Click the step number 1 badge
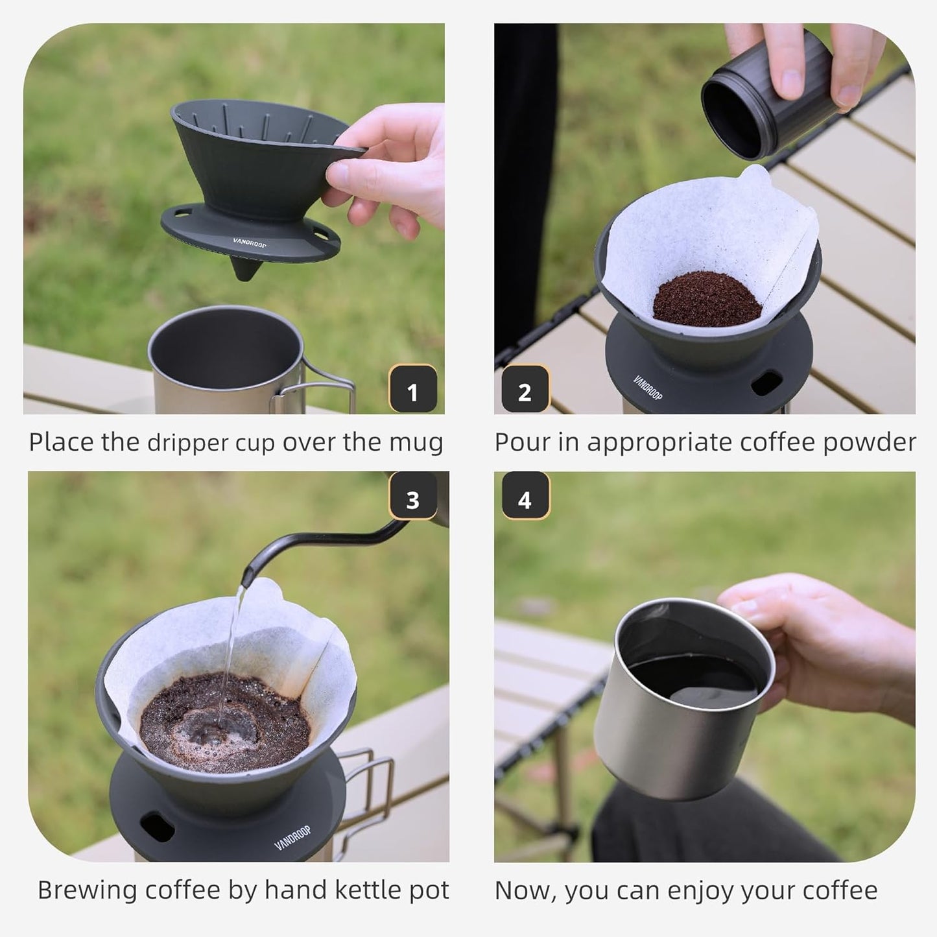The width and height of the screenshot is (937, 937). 412,390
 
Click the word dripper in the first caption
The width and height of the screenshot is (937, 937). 188,444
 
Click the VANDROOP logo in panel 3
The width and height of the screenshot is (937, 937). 293,838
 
